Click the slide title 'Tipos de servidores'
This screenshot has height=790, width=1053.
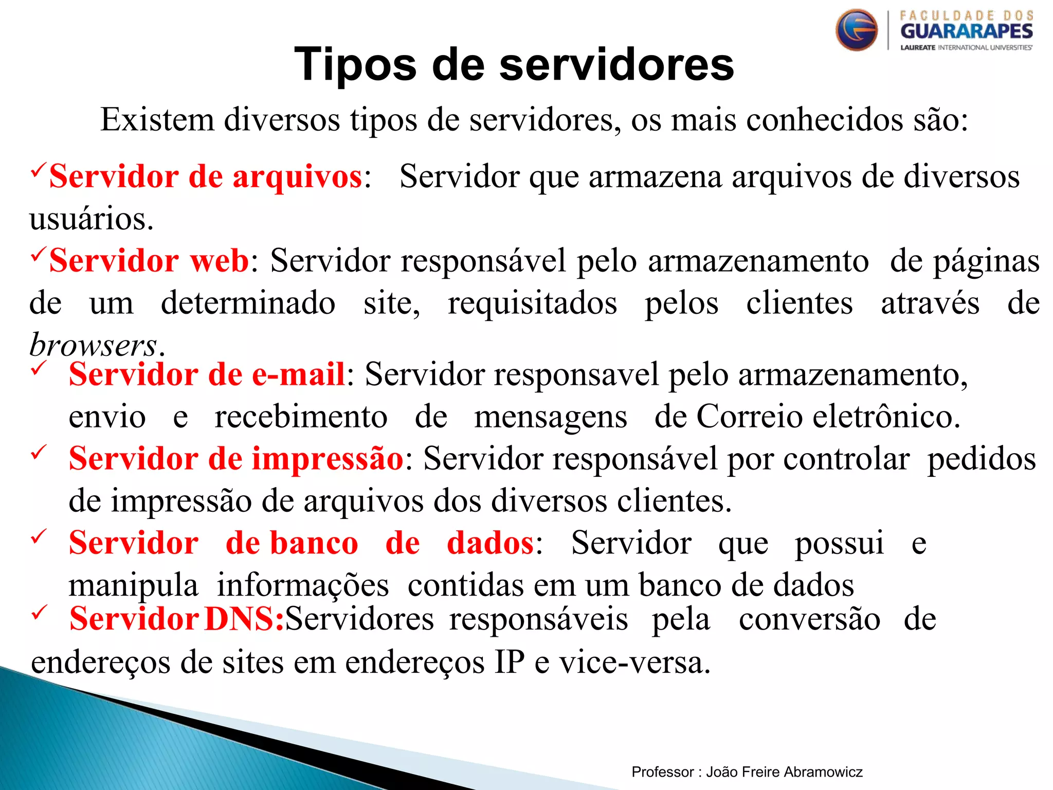tap(514, 64)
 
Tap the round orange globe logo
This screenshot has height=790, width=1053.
tap(857, 30)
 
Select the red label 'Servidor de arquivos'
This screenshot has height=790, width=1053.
tap(206, 176)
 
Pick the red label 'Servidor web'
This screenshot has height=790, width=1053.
tap(149, 260)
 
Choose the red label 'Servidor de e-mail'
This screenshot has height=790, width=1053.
tap(207, 374)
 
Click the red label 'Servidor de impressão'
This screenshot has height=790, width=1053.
tap(236, 458)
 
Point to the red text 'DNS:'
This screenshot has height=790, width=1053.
tap(244, 619)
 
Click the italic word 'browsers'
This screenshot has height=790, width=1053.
tap(93, 345)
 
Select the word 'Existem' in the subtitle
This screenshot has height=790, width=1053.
tap(157, 120)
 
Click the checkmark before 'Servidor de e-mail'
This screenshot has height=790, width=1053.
tap(39, 369)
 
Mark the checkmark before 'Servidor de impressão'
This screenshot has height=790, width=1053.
tap(39, 453)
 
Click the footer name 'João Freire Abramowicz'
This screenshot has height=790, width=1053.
tap(784, 771)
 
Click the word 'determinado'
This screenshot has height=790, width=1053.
tap(248, 303)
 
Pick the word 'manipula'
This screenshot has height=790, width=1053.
tap(133, 586)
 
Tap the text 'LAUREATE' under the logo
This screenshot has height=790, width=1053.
tap(918, 48)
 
